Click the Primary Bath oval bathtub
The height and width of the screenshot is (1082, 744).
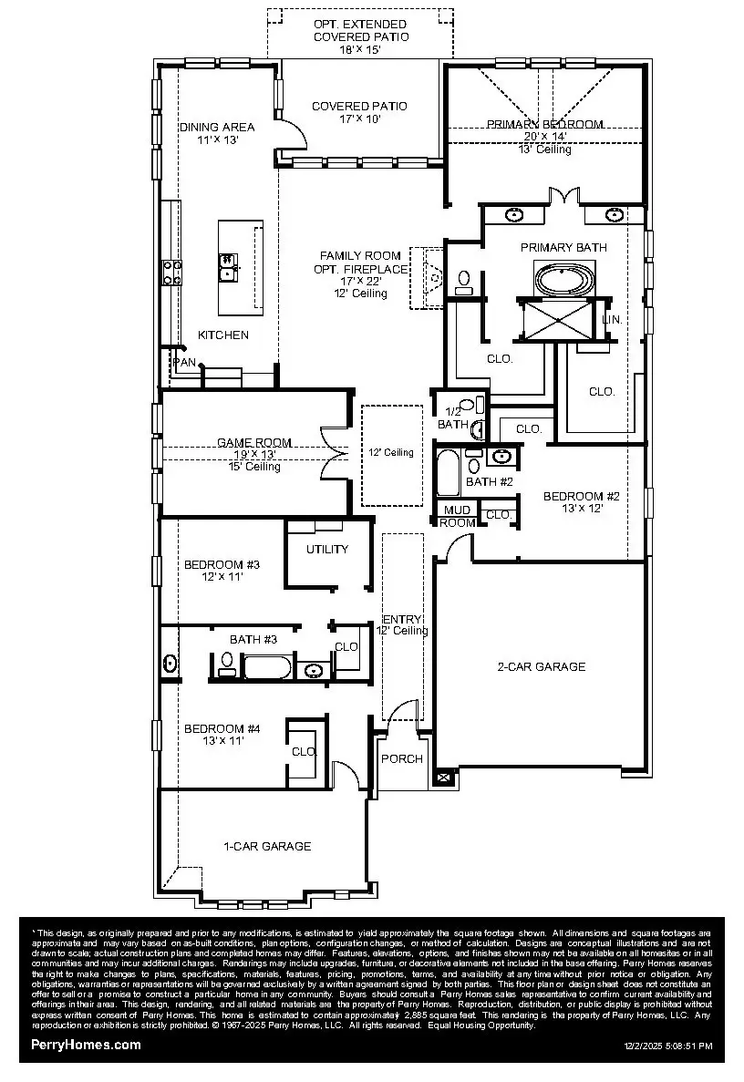[563, 278]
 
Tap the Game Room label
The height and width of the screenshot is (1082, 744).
[241, 442]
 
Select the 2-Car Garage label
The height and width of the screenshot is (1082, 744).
[541, 666]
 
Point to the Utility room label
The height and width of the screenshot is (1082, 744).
[327, 549]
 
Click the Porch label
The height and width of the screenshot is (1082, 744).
[401, 758]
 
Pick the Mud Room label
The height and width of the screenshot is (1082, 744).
[458, 517]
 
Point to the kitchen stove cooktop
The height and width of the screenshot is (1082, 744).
[171, 271]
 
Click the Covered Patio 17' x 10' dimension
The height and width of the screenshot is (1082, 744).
[359, 119]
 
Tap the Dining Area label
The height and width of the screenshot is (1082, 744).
[216, 127]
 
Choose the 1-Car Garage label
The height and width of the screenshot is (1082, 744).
[267, 846]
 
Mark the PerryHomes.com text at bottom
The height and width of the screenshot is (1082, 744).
[86, 1045]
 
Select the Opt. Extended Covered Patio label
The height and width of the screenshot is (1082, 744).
[361, 30]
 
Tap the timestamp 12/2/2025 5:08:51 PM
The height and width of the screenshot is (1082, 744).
[667, 1046]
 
